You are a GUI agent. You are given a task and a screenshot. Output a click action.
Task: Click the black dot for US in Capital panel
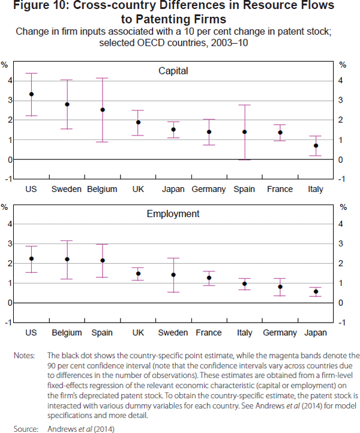click(x=32, y=94)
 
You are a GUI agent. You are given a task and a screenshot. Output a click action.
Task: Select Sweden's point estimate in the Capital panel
click(x=67, y=104)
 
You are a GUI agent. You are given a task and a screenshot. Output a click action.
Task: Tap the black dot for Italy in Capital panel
click(x=316, y=146)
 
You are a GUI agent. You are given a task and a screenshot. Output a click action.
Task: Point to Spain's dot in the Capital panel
click(x=244, y=132)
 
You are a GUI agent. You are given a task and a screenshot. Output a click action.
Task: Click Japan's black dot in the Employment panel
click(x=316, y=291)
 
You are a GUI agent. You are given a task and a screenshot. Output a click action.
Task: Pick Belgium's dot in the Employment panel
click(x=67, y=259)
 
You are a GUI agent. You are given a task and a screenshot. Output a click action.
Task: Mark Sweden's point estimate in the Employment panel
click(x=173, y=275)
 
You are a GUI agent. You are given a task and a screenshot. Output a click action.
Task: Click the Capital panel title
click(x=173, y=71)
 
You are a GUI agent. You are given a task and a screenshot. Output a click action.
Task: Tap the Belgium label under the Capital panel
click(x=103, y=190)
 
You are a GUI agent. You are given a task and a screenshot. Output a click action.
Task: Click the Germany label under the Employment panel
click(x=280, y=332)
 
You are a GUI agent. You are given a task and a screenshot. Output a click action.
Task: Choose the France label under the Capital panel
click(x=280, y=190)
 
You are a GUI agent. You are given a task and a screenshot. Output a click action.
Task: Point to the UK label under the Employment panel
click(x=138, y=332)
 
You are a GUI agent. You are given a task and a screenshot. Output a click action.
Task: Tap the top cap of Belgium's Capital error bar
click(x=103, y=78)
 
